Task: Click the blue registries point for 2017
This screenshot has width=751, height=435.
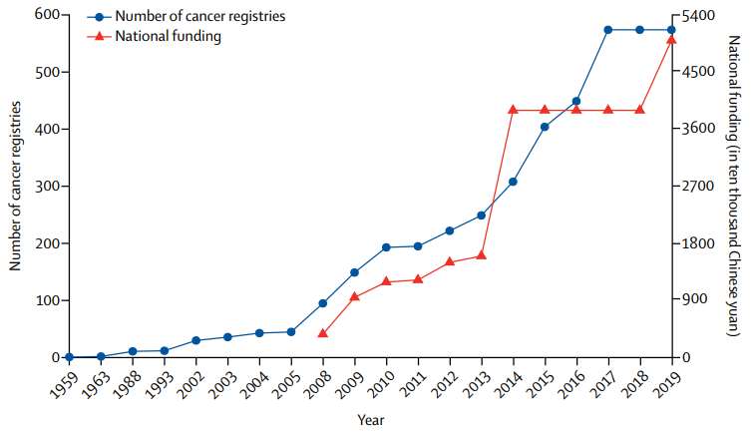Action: click(x=607, y=30)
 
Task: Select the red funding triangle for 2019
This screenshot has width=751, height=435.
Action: click(x=671, y=39)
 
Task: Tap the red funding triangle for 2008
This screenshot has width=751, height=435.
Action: click(x=323, y=333)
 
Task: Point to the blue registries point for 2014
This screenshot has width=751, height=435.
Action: click(x=513, y=182)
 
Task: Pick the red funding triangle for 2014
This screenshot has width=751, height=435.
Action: click(x=513, y=110)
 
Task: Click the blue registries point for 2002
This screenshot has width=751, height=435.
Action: click(x=195, y=340)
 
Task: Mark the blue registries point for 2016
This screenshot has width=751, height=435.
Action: click(x=576, y=101)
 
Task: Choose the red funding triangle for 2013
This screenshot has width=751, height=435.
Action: click(x=482, y=255)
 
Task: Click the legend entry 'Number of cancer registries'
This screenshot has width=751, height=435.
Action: click(x=187, y=16)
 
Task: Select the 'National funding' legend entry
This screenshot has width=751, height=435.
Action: click(x=155, y=36)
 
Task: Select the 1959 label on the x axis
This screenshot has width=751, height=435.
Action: click(x=64, y=384)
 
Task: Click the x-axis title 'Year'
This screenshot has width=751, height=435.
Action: click(x=371, y=421)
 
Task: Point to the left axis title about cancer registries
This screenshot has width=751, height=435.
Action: click(x=15, y=186)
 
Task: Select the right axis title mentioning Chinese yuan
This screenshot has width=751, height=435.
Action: click(x=734, y=186)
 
